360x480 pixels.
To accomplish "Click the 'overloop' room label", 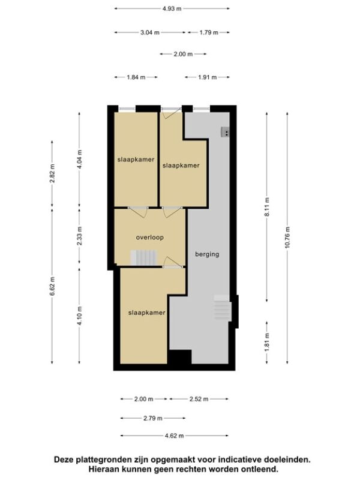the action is (x=149, y=237).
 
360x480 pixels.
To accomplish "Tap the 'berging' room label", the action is (x=207, y=254).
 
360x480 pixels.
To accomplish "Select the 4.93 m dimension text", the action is (x=172, y=8).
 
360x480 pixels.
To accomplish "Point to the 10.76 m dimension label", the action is (x=287, y=238).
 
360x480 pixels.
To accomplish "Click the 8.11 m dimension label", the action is (x=267, y=207).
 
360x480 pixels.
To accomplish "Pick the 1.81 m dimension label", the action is (x=267, y=342).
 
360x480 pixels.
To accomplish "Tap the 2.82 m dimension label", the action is (x=52, y=173).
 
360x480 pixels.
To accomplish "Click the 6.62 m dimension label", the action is (x=52, y=286).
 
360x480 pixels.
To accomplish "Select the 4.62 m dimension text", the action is (x=174, y=436).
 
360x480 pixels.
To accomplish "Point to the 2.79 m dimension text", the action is (x=153, y=418).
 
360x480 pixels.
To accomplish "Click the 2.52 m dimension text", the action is (x=199, y=399).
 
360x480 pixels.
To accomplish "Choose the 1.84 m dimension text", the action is (x=136, y=77).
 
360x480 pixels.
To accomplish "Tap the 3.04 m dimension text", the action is (x=150, y=32).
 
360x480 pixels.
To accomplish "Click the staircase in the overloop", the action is (x=144, y=258).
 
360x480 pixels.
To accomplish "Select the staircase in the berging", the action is (x=222, y=308).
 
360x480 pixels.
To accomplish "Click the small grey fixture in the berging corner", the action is (x=226, y=132).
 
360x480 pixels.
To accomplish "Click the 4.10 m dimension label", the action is (x=80, y=316).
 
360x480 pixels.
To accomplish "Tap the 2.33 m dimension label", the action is (x=80, y=236).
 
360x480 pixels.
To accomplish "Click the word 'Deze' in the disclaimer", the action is (x=64, y=460).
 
